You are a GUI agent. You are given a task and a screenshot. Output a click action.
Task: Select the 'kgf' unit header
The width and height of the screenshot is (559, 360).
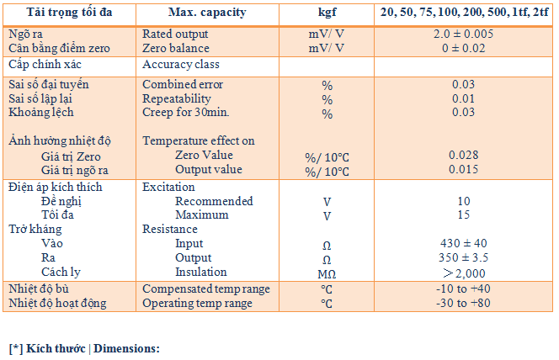click(327, 13)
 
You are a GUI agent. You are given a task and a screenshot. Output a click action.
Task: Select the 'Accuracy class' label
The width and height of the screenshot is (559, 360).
click(181, 65)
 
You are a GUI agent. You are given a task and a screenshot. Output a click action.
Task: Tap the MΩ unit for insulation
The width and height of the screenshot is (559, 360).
click(327, 273)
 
